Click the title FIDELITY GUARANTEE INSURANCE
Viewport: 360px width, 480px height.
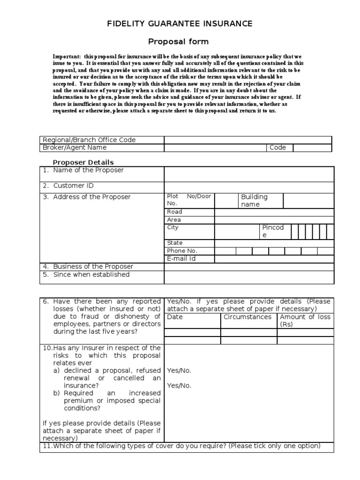point(180,23)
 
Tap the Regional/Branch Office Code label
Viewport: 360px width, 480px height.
point(89,140)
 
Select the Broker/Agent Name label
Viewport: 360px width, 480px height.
point(75,148)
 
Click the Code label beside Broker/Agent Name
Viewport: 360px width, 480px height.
point(277,148)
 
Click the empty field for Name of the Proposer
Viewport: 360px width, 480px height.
point(249,174)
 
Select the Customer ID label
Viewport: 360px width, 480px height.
point(73,186)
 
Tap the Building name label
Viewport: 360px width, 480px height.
point(254,201)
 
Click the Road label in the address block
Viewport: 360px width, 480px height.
point(174,212)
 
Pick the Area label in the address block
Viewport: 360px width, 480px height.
point(174,220)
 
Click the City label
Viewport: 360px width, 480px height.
point(173,228)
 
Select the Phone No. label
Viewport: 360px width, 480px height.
point(182,251)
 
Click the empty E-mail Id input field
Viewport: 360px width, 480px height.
point(274,259)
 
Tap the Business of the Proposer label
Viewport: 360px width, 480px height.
point(93,267)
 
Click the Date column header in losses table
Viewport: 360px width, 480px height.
point(175,317)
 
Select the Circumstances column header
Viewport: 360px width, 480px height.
point(247,317)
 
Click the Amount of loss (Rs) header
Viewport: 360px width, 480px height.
point(305,321)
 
